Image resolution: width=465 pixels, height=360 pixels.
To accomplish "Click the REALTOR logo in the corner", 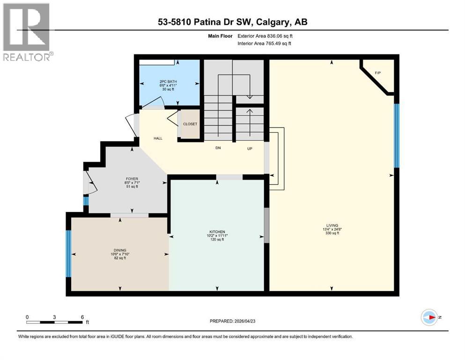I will [27, 32].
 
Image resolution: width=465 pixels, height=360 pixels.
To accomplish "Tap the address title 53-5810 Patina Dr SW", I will [232, 22].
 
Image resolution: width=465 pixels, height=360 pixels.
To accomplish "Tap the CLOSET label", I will [190, 124].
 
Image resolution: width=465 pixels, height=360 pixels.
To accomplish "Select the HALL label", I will [158, 139].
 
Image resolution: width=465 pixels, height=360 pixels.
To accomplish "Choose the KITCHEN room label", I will [217, 232].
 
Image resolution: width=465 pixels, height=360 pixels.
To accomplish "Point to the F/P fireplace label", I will [378, 73].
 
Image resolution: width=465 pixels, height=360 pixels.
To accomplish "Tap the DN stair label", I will [218, 148].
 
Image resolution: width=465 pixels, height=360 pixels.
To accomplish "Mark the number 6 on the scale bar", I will [82, 317].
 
